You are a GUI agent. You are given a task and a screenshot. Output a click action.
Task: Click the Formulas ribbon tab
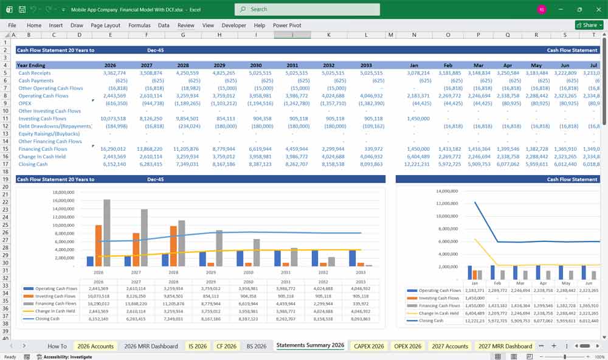[139, 26]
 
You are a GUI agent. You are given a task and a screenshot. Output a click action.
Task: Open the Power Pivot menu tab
[287, 26]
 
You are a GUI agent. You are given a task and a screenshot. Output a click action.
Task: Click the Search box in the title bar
[307, 9]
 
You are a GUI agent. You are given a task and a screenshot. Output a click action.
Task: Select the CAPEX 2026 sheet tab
[368, 346]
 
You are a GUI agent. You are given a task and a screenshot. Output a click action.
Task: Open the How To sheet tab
[57, 346]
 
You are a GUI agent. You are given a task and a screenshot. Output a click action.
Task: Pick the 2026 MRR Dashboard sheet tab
[151, 346]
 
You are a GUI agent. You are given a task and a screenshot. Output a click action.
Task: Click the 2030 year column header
[256, 65]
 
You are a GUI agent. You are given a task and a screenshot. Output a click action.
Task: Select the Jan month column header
[414, 65]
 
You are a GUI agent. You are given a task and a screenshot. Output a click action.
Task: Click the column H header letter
[219, 35]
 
